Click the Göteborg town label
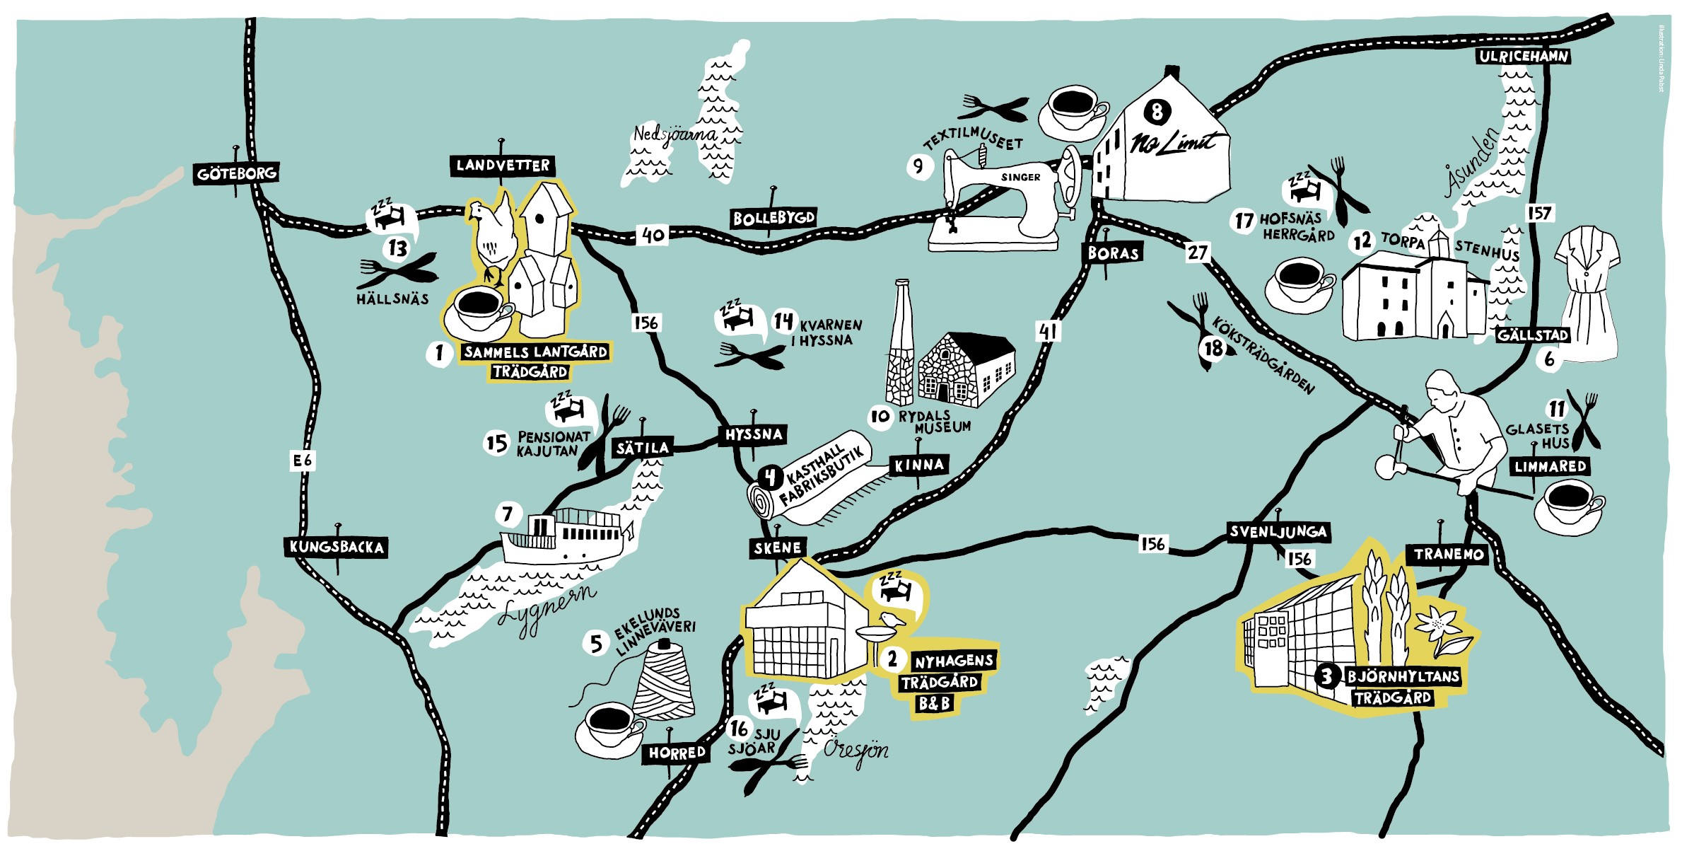236,173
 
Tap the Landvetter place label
503,166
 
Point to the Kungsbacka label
337,547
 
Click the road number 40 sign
653,234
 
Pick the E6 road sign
303,461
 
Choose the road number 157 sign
1539,213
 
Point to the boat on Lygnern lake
562,538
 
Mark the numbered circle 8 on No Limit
1157,111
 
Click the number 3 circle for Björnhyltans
1327,676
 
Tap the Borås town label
1114,253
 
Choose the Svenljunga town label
1278,532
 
